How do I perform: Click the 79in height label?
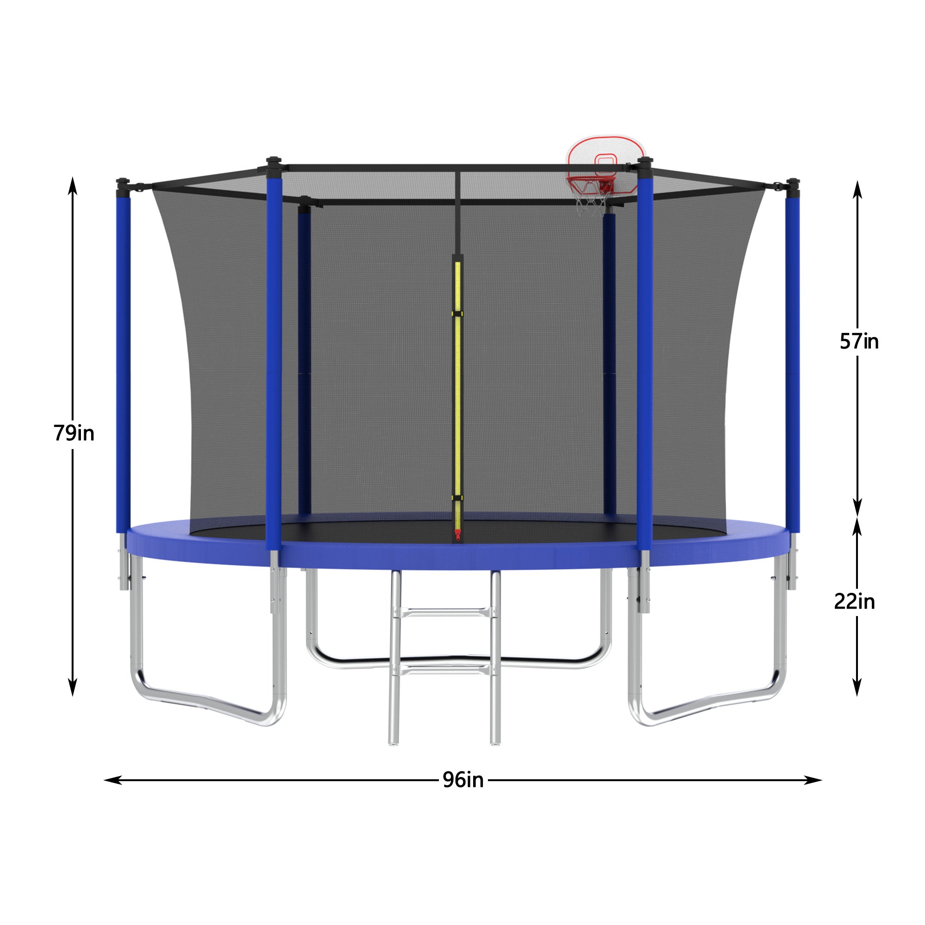(x=74, y=433)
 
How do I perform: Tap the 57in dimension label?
(x=859, y=341)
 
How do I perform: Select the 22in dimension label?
(x=854, y=601)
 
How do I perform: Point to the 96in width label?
(x=462, y=780)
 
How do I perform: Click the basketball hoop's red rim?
(x=590, y=181)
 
